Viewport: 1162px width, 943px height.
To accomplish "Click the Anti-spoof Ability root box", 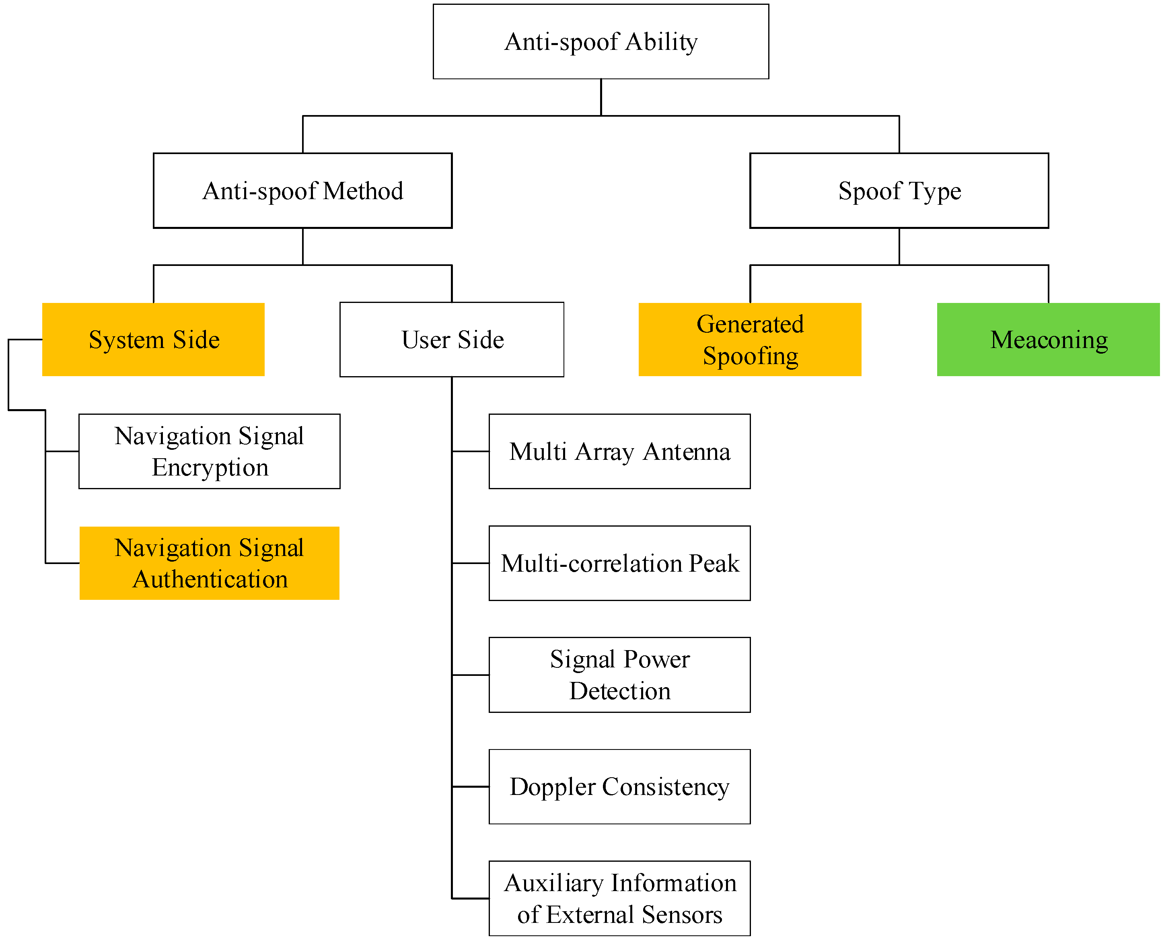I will (x=601, y=42).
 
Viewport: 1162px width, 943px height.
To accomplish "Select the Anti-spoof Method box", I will (x=302, y=191).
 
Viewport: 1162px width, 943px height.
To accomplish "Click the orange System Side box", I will (x=153, y=340).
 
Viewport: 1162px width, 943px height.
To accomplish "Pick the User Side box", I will (x=452, y=340).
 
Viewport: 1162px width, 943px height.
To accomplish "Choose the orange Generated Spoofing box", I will (x=749, y=340).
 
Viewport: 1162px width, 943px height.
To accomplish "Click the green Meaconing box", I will (x=1048, y=340).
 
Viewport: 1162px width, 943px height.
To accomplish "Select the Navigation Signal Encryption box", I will (x=209, y=451).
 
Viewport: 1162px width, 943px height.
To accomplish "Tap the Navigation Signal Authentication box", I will (x=209, y=563).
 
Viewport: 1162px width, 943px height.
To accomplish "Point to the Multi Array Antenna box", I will (x=619, y=451).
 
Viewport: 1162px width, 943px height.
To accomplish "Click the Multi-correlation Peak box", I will (x=619, y=563).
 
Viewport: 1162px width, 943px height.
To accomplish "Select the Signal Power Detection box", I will (x=619, y=675).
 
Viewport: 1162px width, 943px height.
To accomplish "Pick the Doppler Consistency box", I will (x=619, y=787).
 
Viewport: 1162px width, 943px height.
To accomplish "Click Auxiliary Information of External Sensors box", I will (x=619, y=898).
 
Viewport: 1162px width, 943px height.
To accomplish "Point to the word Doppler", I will (x=553, y=787).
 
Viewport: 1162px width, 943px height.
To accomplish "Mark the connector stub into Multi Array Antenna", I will (x=470, y=451).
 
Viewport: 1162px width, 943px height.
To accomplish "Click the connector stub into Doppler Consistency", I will (x=470, y=787).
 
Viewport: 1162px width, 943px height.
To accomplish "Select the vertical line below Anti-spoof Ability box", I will (x=601, y=97).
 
